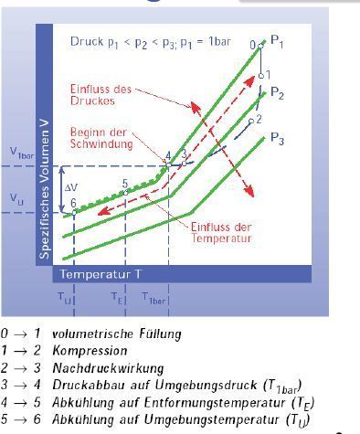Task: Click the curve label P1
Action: point(277,42)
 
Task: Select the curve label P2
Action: point(277,93)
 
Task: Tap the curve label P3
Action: point(277,139)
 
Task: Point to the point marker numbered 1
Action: point(261,76)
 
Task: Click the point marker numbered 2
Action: point(251,122)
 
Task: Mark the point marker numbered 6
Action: point(74,213)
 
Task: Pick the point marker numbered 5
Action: point(125,193)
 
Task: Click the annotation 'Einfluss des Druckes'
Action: point(101,95)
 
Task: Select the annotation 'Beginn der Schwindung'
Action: point(101,138)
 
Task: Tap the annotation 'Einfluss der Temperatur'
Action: point(221,232)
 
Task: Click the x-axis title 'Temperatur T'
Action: point(101,274)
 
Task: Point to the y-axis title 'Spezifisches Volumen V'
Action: point(45,190)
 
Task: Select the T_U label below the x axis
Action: point(64,298)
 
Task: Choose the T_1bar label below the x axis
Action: point(154,298)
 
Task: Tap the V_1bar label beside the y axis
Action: point(22,153)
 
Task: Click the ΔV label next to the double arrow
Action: point(71,187)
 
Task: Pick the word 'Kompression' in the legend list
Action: point(90,351)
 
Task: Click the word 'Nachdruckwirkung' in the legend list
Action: point(108,368)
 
